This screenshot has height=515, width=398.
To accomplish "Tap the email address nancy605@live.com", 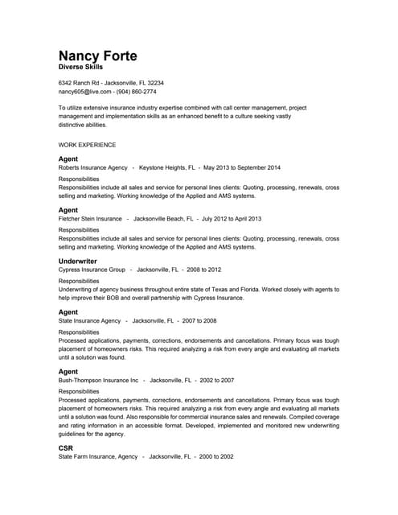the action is click(83, 92).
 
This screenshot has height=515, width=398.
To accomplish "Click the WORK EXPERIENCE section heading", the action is click(87, 145).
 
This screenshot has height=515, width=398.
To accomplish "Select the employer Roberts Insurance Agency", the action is click(92, 167).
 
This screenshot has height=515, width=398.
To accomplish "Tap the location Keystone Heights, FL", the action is click(167, 167).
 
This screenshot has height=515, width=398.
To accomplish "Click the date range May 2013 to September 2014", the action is click(242, 167).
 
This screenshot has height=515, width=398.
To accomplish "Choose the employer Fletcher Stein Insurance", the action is click(90, 218).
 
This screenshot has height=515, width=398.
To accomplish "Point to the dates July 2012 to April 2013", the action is click(232, 218).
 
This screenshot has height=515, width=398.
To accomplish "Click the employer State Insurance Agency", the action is click(89, 320).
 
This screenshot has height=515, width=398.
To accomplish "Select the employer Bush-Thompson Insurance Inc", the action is click(99, 380).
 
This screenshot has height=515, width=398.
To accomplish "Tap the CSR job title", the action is click(66, 447).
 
